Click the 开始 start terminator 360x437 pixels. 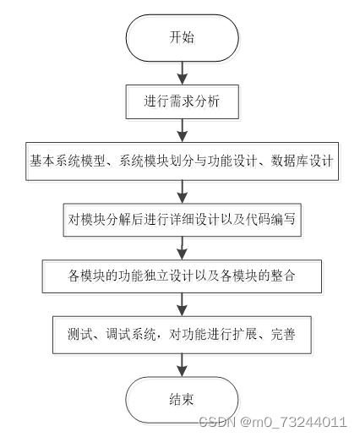183,38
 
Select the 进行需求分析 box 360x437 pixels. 183,101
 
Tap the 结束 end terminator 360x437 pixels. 182,400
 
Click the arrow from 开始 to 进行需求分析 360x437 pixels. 183,73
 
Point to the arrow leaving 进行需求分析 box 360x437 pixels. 183,130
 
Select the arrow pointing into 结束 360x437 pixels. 183,365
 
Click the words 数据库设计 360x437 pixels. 302,161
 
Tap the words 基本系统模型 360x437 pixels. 68,161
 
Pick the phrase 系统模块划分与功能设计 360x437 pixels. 188,161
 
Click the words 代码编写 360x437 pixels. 270,220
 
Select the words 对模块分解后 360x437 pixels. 106,220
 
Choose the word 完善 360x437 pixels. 283,335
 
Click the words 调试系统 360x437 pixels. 131,335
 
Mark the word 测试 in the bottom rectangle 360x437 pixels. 80,335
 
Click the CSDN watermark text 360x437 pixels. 217,422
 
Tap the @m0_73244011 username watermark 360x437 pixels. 293,423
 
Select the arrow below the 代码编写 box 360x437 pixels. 183,249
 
